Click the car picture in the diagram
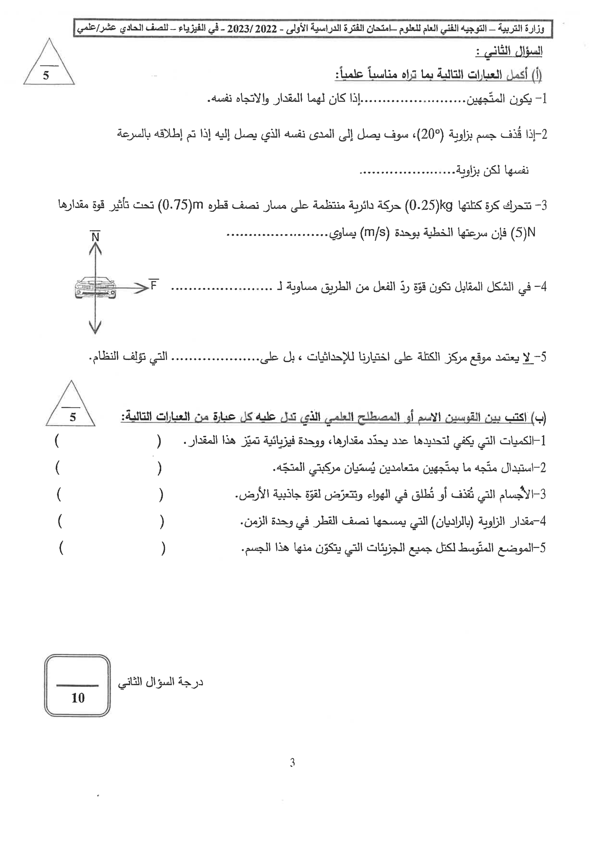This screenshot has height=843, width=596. coord(95,288)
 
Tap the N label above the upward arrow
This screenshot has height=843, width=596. coord(96,237)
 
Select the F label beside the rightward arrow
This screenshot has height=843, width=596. coord(154,285)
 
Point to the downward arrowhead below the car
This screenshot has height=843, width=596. coord(95,327)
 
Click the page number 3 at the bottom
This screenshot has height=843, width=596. coord(292,763)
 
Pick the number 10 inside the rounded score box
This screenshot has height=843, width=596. coord(78,698)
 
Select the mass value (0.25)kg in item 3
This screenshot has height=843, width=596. coord(429,205)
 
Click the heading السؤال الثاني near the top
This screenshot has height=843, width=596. coord(509,52)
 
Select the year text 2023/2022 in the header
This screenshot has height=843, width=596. coord(252,29)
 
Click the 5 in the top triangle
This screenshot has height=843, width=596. coord(46,76)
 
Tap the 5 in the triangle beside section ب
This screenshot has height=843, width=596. coord(73,417)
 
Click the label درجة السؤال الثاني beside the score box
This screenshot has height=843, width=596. coord(160,682)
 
